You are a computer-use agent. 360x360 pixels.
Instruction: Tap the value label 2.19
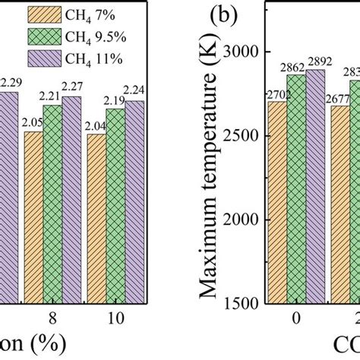(x=115, y=99)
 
